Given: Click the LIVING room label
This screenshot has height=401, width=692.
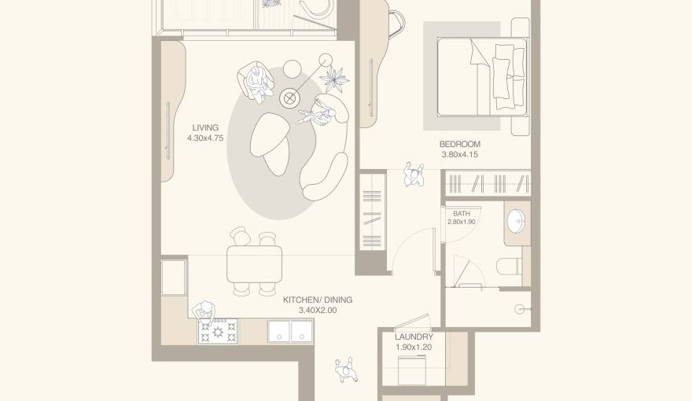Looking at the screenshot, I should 205,127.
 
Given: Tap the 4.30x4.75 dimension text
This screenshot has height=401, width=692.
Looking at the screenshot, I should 205,138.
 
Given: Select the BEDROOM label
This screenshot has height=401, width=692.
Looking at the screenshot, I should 459,144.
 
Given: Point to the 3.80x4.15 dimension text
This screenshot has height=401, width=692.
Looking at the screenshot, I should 459,155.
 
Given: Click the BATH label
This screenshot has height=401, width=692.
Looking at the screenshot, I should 462,213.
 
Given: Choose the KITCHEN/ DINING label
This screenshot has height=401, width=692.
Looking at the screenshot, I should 318,300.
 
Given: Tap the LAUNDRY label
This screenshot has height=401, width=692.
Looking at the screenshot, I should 414,337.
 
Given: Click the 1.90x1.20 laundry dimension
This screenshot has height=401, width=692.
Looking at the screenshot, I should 414,347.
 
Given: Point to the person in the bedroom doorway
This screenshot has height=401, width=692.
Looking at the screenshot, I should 414,175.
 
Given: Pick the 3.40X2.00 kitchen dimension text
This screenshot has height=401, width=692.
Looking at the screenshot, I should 318,311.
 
